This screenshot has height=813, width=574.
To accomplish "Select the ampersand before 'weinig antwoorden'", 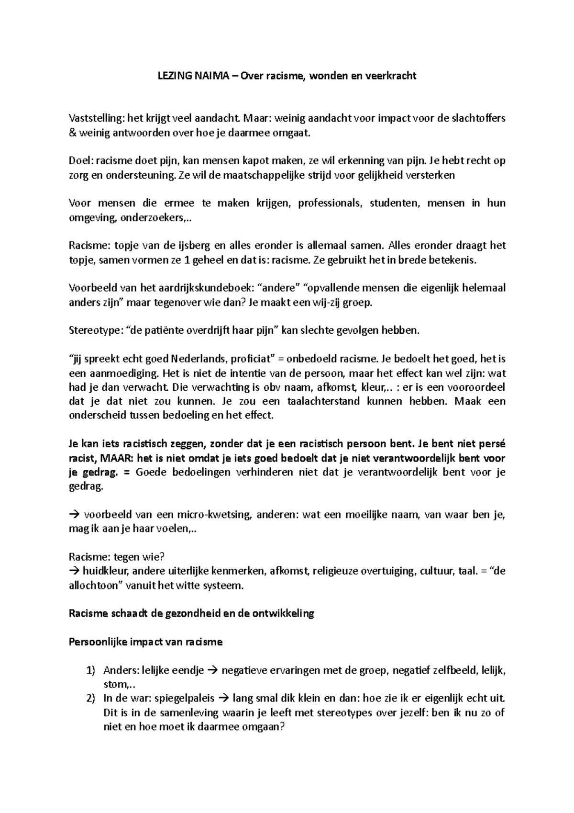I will pyautogui.click(x=73, y=133).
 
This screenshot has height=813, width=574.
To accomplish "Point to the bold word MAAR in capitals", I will pyautogui.click(x=113, y=458).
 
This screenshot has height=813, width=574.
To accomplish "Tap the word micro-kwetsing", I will pyautogui.click(x=214, y=515).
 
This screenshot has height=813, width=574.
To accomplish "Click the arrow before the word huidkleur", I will pyautogui.click(x=75, y=571).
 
